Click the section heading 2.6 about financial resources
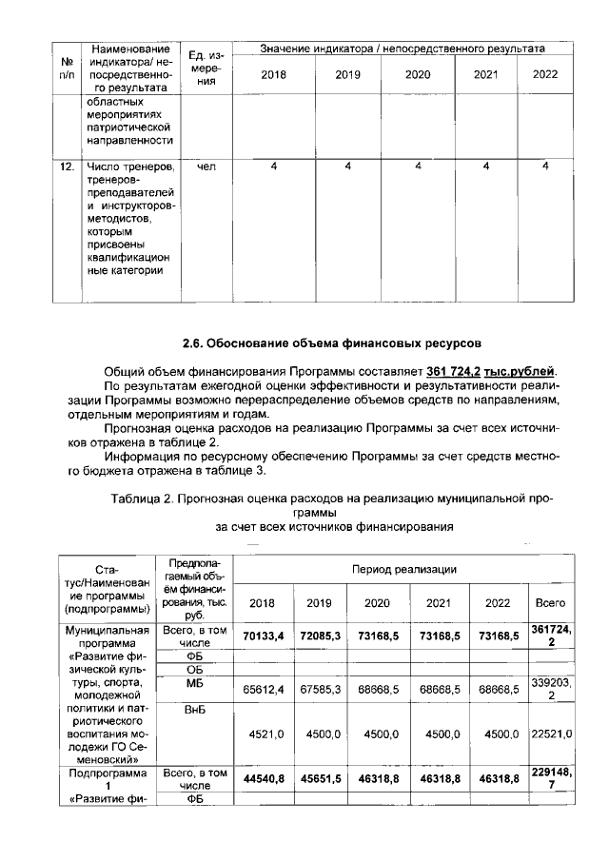click(332, 342)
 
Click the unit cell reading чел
click(206, 167)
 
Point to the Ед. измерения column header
click(206, 68)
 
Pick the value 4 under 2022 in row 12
click(545, 167)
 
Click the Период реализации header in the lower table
click(403, 568)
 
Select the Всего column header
click(551, 602)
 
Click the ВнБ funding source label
click(194, 709)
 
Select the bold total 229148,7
click(551, 779)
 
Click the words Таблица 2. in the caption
click(144, 497)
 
